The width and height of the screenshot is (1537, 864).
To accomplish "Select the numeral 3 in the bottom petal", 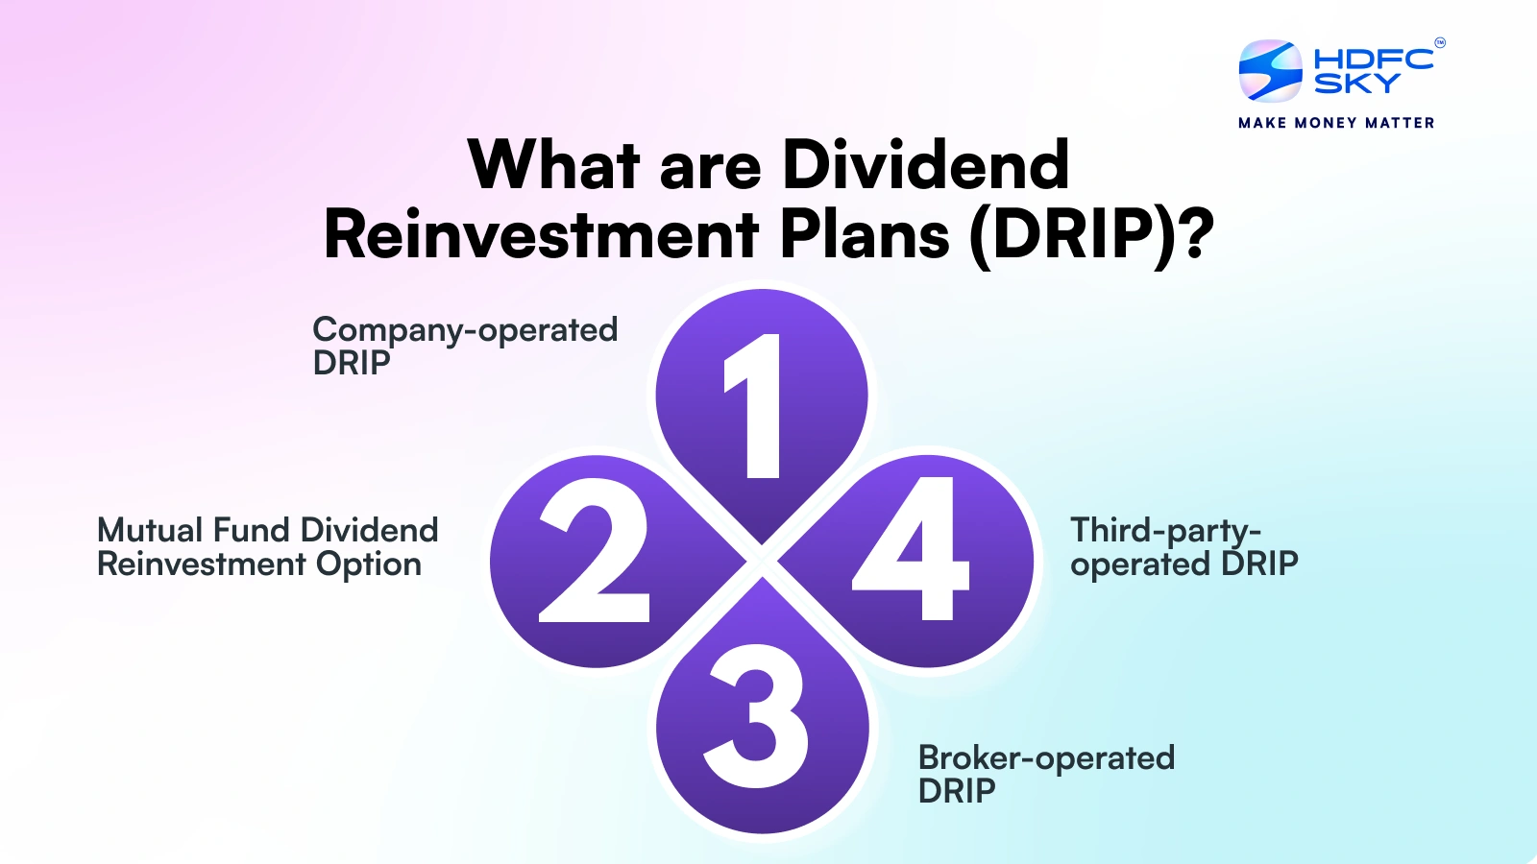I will [x=757, y=715].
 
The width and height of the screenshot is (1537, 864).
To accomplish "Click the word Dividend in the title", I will [x=925, y=165].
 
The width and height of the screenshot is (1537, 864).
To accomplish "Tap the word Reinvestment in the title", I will [x=542, y=234].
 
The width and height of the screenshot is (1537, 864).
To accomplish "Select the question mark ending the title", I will [x=1196, y=234].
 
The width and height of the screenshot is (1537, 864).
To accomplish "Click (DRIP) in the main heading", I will [x=1072, y=234].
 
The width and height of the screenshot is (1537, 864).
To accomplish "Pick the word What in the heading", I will [x=554, y=165].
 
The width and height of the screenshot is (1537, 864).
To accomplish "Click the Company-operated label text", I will [x=465, y=330].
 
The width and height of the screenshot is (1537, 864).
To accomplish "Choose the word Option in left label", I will [x=369, y=564].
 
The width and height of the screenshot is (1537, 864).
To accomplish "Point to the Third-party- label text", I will [x=1165, y=531].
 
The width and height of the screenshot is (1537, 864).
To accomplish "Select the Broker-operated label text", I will [x=1046, y=757].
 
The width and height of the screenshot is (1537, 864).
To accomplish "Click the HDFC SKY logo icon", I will [x=1270, y=71].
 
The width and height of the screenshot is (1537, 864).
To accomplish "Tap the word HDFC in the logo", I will [x=1374, y=59].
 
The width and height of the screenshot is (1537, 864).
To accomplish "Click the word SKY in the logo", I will [x=1356, y=84].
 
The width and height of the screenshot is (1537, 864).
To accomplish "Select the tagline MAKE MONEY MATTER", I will [x=1336, y=123].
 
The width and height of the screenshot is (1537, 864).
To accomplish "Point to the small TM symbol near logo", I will [x=1440, y=42].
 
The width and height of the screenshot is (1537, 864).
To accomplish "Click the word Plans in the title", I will [x=864, y=234].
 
